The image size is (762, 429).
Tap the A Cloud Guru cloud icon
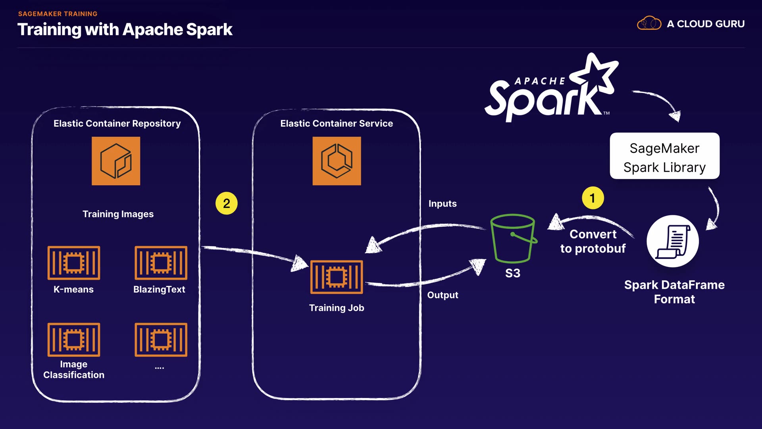point(649,23)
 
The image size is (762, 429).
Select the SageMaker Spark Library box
point(664,156)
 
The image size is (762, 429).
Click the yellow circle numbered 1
point(593,198)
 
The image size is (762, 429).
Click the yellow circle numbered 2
point(226,203)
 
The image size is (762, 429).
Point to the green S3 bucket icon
point(513,238)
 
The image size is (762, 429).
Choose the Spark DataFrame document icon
point(673,241)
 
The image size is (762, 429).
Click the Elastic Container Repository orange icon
point(116,161)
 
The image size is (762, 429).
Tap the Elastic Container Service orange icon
point(337,161)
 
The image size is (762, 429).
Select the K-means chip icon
point(74,263)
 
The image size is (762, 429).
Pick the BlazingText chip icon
point(161,263)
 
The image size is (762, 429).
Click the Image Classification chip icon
point(74,340)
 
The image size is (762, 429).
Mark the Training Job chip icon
point(337,277)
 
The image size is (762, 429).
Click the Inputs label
point(443,204)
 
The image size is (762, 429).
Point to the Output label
point(443,295)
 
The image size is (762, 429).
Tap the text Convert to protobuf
point(593,242)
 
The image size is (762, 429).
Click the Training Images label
point(118,214)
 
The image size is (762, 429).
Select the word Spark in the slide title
point(209,30)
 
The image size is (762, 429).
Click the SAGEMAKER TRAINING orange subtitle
point(58,14)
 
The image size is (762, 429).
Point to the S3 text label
point(513,273)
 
